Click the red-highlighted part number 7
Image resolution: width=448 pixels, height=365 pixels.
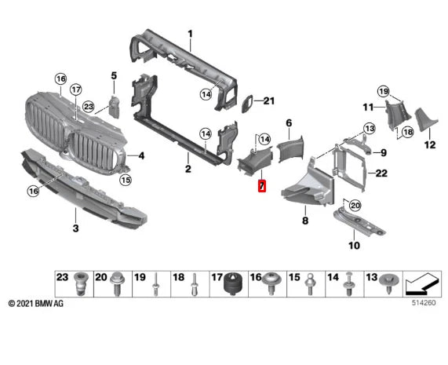tap(262, 186)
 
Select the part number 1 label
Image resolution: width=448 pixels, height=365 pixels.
tap(191, 35)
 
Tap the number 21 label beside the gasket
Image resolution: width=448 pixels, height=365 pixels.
tap(268, 101)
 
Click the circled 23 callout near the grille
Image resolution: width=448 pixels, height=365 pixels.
tap(89, 107)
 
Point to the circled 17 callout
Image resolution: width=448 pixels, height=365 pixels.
tap(76, 90)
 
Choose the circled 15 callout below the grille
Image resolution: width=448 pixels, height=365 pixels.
tap(126, 180)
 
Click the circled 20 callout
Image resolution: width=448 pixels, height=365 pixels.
tap(355, 206)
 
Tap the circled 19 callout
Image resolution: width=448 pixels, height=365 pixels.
tap(383, 92)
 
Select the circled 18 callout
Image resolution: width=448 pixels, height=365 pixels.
tap(407, 132)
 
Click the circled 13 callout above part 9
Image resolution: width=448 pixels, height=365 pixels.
tap(370, 129)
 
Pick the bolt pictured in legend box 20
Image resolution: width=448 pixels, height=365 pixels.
tap(116, 283)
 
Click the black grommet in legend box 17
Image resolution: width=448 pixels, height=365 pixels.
tap(232, 283)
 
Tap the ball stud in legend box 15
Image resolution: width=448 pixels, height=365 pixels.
tap(310, 284)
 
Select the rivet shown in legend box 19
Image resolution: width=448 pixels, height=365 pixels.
tap(155, 284)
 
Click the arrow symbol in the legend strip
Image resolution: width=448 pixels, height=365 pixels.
tap(421, 284)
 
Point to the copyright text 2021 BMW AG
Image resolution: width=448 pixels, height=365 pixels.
tap(36, 303)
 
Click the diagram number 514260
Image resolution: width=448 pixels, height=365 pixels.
tap(424, 303)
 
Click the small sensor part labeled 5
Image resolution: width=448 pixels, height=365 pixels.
tap(115, 107)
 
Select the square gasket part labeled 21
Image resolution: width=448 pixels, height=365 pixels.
tap(247, 104)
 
